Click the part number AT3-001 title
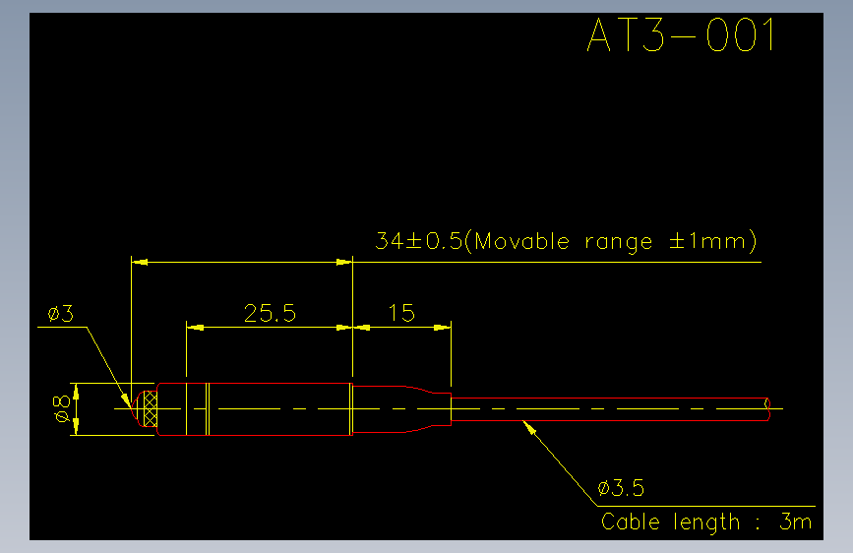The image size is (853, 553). click(x=681, y=34)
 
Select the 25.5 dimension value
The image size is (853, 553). click(x=270, y=313)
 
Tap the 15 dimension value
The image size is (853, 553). click(x=401, y=313)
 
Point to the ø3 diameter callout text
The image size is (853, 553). click(x=60, y=314)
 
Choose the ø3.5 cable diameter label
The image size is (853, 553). click(x=621, y=488)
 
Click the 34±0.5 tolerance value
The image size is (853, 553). click(x=418, y=240)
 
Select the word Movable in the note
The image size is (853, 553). click(x=521, y=240)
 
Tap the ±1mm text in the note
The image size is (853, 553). click(x=707, y=240)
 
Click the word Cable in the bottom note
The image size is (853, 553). click(x=630, y=522)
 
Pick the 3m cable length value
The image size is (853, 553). click(x=795, y=522)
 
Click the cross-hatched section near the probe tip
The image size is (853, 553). click(x=151, y=408)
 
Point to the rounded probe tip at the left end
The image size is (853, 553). click(x=137, y=408)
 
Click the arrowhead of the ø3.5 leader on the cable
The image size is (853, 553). click(x=528, y=427)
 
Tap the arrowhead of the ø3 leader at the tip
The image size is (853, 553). click(x=126, y=400)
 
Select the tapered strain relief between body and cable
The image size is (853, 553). click(x=401, y=408)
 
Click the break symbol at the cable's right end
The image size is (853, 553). click(x=767, y=408)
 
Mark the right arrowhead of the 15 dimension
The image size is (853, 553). click(x=443, y=328)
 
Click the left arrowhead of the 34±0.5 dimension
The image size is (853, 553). click(x=140, y=263)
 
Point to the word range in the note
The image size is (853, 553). click(x=618, y=243)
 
